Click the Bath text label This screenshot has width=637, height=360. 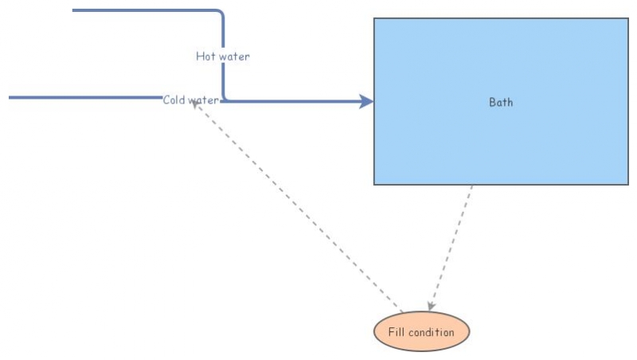pos(501,102)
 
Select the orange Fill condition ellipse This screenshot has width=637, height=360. pos(421,332)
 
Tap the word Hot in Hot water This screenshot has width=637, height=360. pos(205,57)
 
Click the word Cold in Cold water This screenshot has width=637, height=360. pos(174,100)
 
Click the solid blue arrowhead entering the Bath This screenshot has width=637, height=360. pos(366,101)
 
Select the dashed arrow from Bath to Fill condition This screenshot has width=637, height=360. pos(451,247)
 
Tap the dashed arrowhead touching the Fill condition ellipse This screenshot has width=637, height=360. pos(431,306)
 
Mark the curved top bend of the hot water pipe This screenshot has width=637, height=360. pos(220,14)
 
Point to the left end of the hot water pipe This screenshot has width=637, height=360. pos(74,10)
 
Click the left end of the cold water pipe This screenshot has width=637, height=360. pos(10,97)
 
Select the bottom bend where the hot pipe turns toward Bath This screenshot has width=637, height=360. pos(225,100)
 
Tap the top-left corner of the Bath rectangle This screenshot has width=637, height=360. pos(374,18)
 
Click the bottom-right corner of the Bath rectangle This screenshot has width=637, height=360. pos(628,185)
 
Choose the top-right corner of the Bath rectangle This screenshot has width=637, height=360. pos(628,18)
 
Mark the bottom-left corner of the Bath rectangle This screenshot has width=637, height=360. pos(374,185)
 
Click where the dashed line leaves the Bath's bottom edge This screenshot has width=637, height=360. pos(472,186)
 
